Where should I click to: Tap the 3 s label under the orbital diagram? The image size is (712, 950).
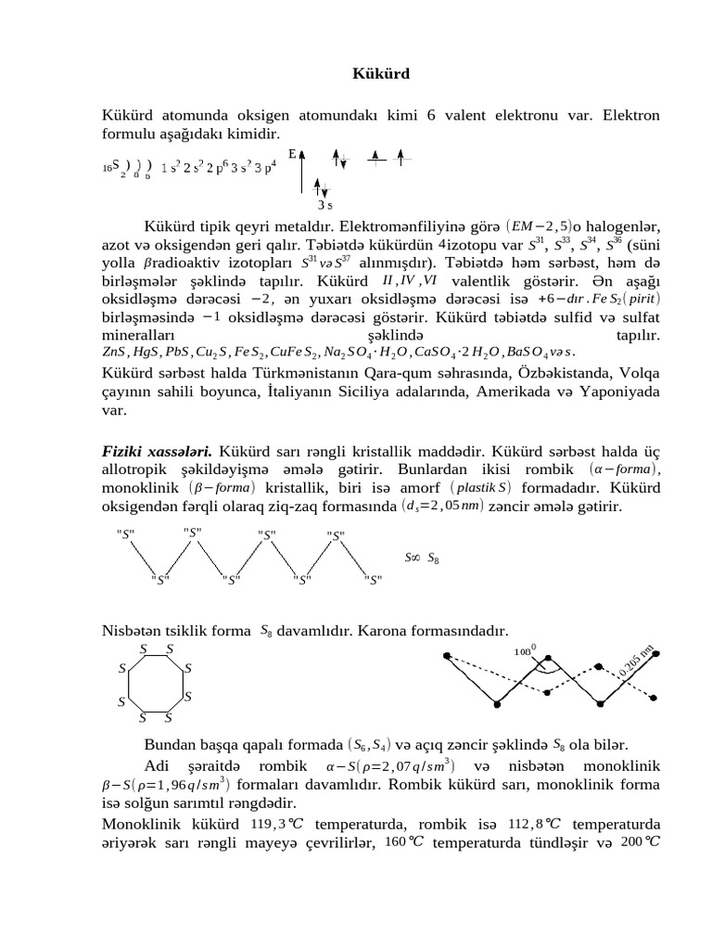[324, 205]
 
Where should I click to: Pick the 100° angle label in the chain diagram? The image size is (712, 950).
[526, 650]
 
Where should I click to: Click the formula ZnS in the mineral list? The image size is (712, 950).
[113, 353]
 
